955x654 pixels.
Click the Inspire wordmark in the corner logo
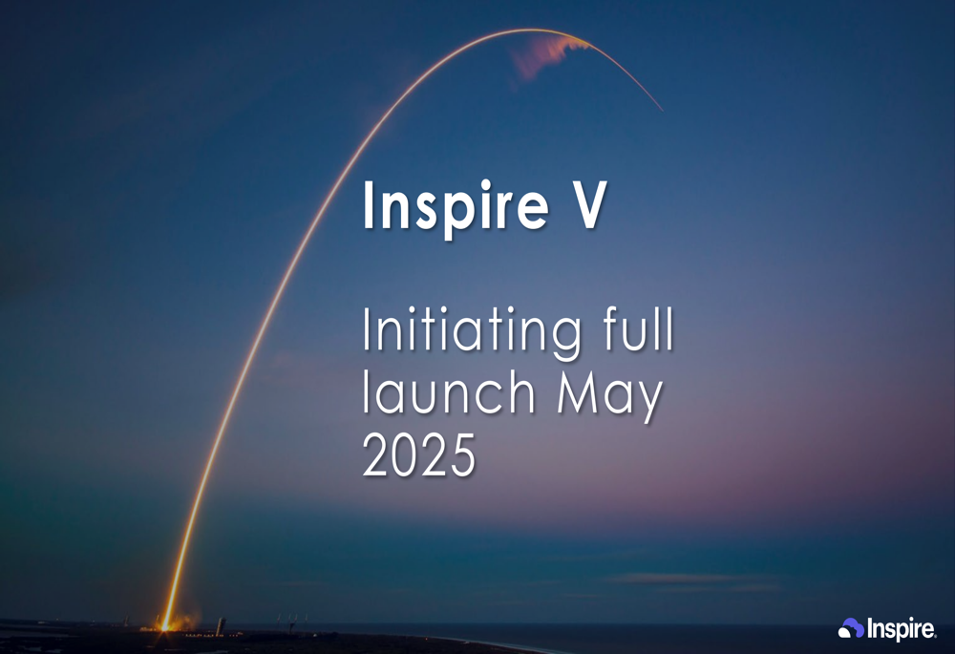(901, 628)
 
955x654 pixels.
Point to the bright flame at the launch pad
(166, 622)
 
